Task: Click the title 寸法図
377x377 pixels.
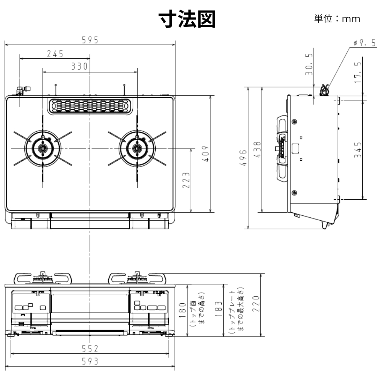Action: click(187, 19)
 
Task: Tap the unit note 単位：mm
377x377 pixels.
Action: click(337, 19)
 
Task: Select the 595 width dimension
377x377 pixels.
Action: click(90, 40)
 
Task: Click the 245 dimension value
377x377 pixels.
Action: click(55, 54)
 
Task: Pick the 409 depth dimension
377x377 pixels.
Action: click(206, 154)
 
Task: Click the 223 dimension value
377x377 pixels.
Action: click(186, 180)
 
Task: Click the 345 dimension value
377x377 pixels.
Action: click(358, 149)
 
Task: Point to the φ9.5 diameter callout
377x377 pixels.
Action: click(364, 43)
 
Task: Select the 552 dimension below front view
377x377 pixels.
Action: click(90, 349)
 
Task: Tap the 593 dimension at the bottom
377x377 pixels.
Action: click(90, 361)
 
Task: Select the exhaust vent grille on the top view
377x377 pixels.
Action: click(90, 106)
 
